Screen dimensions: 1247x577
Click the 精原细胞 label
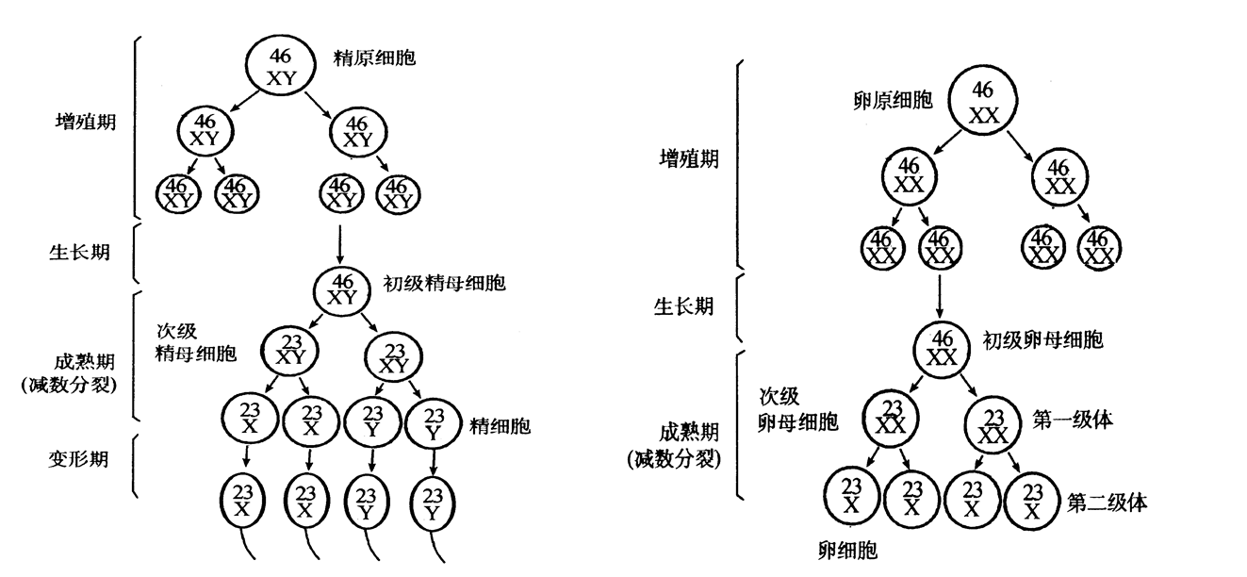point(374,58)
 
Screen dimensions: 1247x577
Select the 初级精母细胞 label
point(444,283)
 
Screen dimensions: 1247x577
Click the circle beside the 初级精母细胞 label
point(344,288)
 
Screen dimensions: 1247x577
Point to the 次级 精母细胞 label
point(196,343)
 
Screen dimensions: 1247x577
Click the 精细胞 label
point(500,426)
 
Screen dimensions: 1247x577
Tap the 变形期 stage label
point(80,460)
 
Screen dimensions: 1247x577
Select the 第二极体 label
point(1107,503)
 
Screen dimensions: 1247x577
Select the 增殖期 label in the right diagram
point(688,158)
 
